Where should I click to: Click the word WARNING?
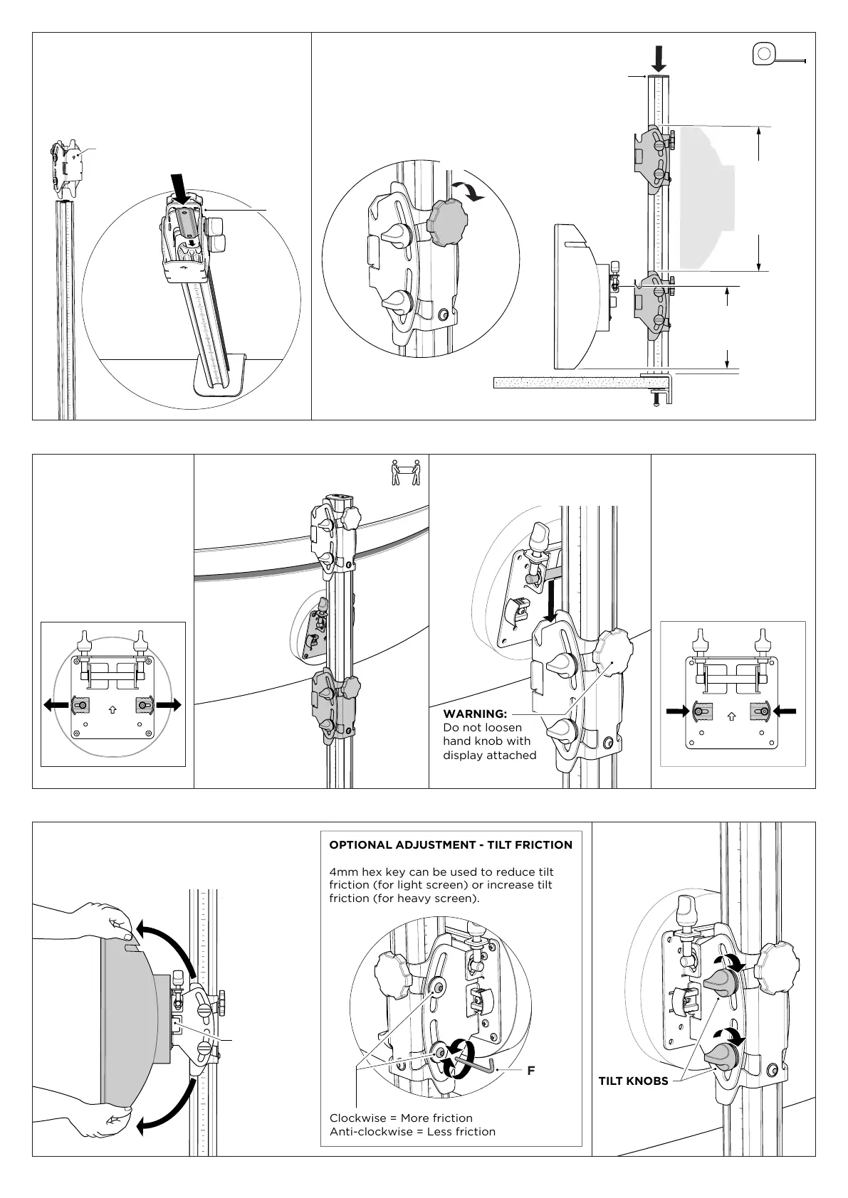click(x=475, y=714)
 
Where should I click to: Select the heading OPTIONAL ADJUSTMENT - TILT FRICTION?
click(x=451, y=845)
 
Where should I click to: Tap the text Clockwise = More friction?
click(x=401, y=1118)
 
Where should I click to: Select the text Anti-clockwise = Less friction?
click(x=412, y=1131)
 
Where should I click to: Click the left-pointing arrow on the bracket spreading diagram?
click(x=56, y=705)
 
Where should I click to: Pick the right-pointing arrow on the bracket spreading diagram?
click(x=169, y=705)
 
